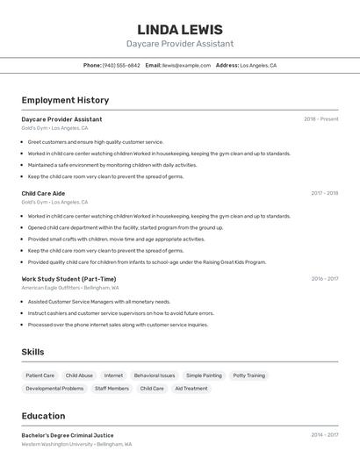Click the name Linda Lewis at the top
click(x=180, y=29)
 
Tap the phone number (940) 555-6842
click(x=121, y=65)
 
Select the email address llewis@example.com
click(x=186, y=65)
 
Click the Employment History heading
click(x=65, y=100)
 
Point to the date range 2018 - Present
click(x=320, y=118)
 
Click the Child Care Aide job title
click(x=43, y=193)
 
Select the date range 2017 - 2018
click(x=324, y=193)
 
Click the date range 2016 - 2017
click(x=324, y=279)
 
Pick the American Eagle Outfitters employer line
click(x=70, y=288)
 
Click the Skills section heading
click(x=33, y=352)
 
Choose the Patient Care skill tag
click(x=40, y=376)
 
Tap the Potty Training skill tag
click(x=248, y=376)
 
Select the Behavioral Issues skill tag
click(x=155, y=376)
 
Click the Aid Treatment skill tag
click(x=191, y=388)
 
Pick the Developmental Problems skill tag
click(x=54, y=388)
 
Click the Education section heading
click(x=43, y=416)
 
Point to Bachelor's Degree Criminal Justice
click(x=68, y=435)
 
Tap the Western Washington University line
click(x=76, y=444)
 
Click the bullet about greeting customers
click(x=96, y=141)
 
